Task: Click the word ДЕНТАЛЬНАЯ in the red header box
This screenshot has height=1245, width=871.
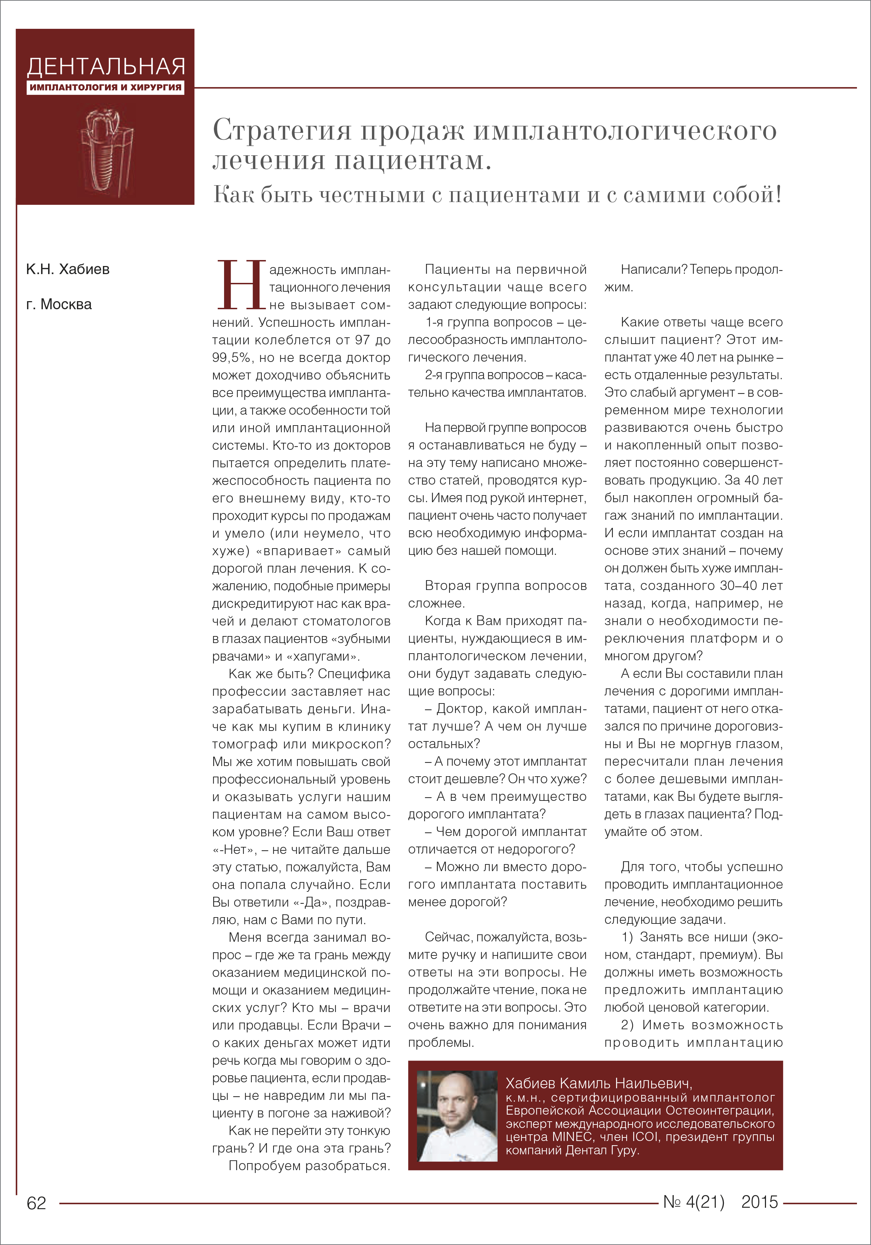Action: tap(106, 67)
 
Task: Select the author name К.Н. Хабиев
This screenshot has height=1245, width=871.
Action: tap(68, 270)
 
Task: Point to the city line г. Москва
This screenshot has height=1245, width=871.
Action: tap(59, 305)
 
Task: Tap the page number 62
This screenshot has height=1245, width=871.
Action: tap(36, 1203)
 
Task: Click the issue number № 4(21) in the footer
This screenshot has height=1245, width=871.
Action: tap(694, 1202)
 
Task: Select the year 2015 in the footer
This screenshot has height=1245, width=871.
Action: tap(759, 1202)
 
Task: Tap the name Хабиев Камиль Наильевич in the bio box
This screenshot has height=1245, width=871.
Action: tap(598, 1083)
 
